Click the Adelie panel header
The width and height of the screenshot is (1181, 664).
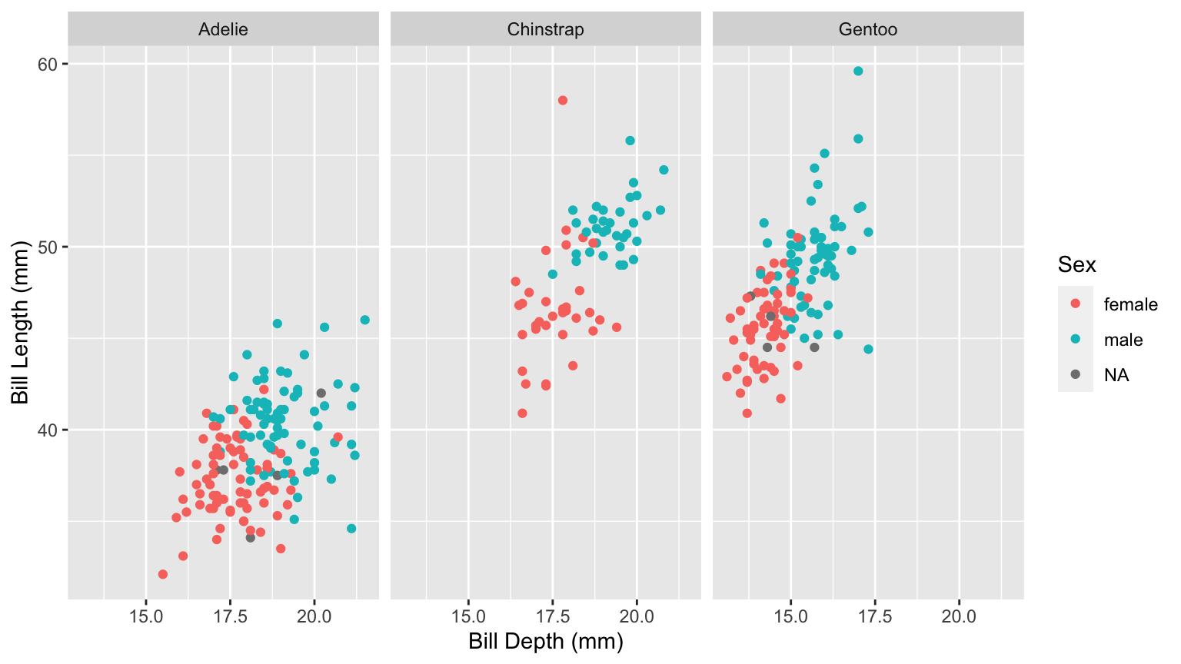click(223, 30)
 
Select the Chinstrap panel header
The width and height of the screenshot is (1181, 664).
click(545, 30)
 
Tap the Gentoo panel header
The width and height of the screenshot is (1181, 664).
click(868, 30)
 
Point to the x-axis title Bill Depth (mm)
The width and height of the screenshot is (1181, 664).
click(546, 642)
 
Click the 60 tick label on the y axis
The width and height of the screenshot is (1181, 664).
click(48, 65)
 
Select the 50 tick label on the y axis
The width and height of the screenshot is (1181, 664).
click(48, 247)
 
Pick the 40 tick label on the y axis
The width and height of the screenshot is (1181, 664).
click(48, 430)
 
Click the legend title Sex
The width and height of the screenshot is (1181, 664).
click(1076, 265)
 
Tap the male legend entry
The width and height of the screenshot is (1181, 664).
click(1123, 340)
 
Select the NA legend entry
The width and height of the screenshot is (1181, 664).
click(1116, 375)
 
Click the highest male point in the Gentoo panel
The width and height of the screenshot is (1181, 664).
click(858, 71)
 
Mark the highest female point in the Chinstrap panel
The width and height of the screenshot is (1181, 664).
click(563, 101)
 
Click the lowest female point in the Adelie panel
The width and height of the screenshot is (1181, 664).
click(163, 574)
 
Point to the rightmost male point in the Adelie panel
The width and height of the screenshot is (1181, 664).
click(364, 320)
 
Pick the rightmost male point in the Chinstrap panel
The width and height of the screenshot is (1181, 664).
click(664, 170)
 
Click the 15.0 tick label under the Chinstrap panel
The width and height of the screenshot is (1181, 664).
click(468, 616)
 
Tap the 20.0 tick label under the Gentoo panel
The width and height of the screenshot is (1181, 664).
click(959, 616)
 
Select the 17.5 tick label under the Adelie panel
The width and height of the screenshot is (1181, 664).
click(230, 616)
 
